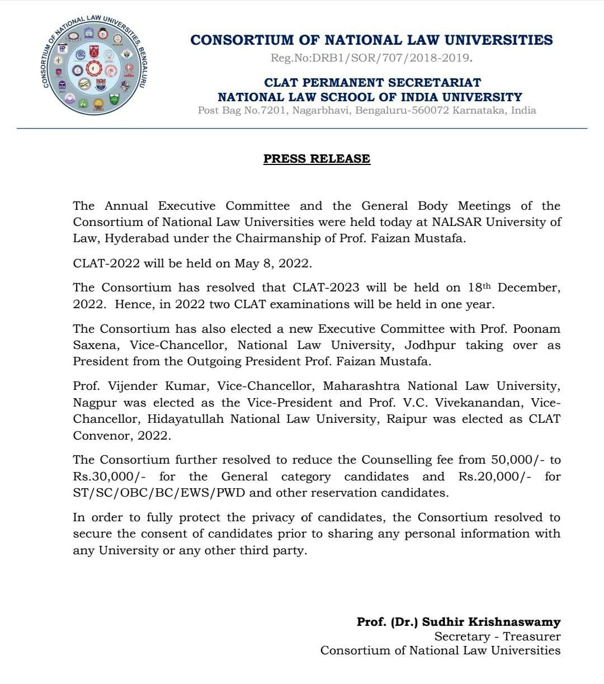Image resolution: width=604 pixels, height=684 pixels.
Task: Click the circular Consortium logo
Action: click(x=95, y=67)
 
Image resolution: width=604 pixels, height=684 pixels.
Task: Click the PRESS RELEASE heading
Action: click(x=317, y=159)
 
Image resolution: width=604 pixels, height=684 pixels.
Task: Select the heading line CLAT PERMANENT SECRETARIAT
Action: click(x=372, y=82)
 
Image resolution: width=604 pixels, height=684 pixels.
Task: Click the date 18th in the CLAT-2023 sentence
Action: click(x=479, y=287)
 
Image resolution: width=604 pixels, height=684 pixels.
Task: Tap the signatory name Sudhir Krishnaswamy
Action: click(x=491, y=622)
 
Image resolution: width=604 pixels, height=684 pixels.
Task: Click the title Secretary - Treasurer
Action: click(x=497, y=636)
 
